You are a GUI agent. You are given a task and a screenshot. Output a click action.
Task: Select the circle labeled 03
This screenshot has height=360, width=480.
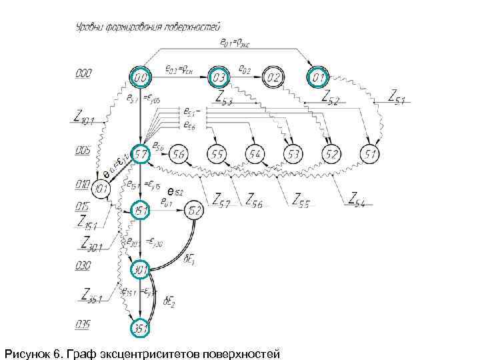tap(219, 78)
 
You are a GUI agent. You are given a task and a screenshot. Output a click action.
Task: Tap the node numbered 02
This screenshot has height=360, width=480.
tap(272, 78)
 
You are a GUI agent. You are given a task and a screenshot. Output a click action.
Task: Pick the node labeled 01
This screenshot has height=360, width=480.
tap(318, 78)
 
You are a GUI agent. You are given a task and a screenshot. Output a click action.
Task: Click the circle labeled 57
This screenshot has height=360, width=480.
tap(141, 155)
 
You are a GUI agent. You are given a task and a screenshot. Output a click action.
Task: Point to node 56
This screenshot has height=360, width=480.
tap(178, 155)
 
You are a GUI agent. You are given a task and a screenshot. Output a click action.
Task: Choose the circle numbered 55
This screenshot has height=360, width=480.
tap(217, 155)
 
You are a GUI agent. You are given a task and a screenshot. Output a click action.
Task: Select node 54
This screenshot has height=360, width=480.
tap(254, 155)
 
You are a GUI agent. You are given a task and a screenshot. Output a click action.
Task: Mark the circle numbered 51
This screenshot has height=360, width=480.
tap(369, 155)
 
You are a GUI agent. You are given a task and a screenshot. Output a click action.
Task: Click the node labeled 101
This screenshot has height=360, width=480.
tap(101, 188)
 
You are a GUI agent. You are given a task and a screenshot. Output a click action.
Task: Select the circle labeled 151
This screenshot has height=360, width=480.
tap(141, 211)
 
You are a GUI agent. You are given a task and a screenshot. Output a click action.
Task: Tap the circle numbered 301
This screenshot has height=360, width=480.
tap(141, 270)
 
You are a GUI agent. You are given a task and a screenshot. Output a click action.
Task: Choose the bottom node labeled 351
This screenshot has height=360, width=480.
tap(141, 328)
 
